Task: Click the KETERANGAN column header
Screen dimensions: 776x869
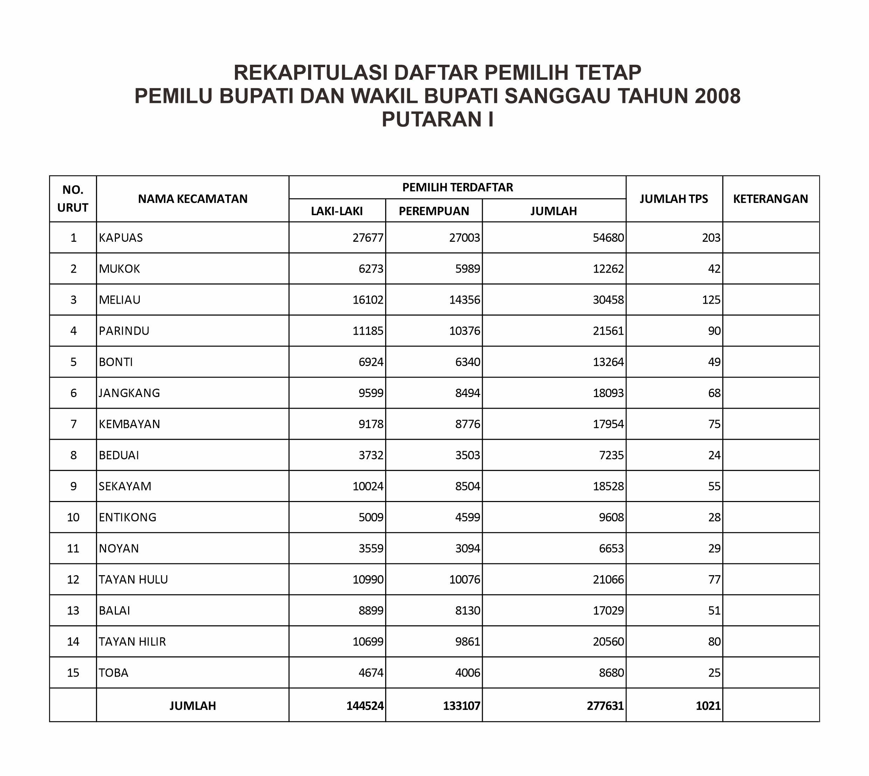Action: click(771, 199)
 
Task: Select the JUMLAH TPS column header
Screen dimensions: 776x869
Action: click(674, 199)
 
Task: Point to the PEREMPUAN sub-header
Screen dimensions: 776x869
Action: click(434, 211)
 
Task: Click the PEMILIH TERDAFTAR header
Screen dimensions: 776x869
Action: click(457, 187)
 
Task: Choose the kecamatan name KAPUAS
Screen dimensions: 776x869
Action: click(121, 238)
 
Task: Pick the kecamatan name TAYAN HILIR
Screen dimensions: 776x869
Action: click(132, 641)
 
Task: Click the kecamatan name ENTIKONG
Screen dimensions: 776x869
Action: click(127, 517)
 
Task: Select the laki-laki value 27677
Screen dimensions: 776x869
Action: click(368, 238)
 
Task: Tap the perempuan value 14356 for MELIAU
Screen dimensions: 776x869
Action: click(465, 300)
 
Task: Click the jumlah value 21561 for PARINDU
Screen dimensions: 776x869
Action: click(609, 331)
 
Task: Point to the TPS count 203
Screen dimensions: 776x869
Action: click(711, 238)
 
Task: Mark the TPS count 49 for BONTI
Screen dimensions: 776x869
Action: click(714, 362)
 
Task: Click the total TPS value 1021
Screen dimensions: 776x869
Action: click(708, 706)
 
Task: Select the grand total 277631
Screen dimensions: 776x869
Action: click(605, 706)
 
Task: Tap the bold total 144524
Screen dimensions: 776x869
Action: click(365, 706)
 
